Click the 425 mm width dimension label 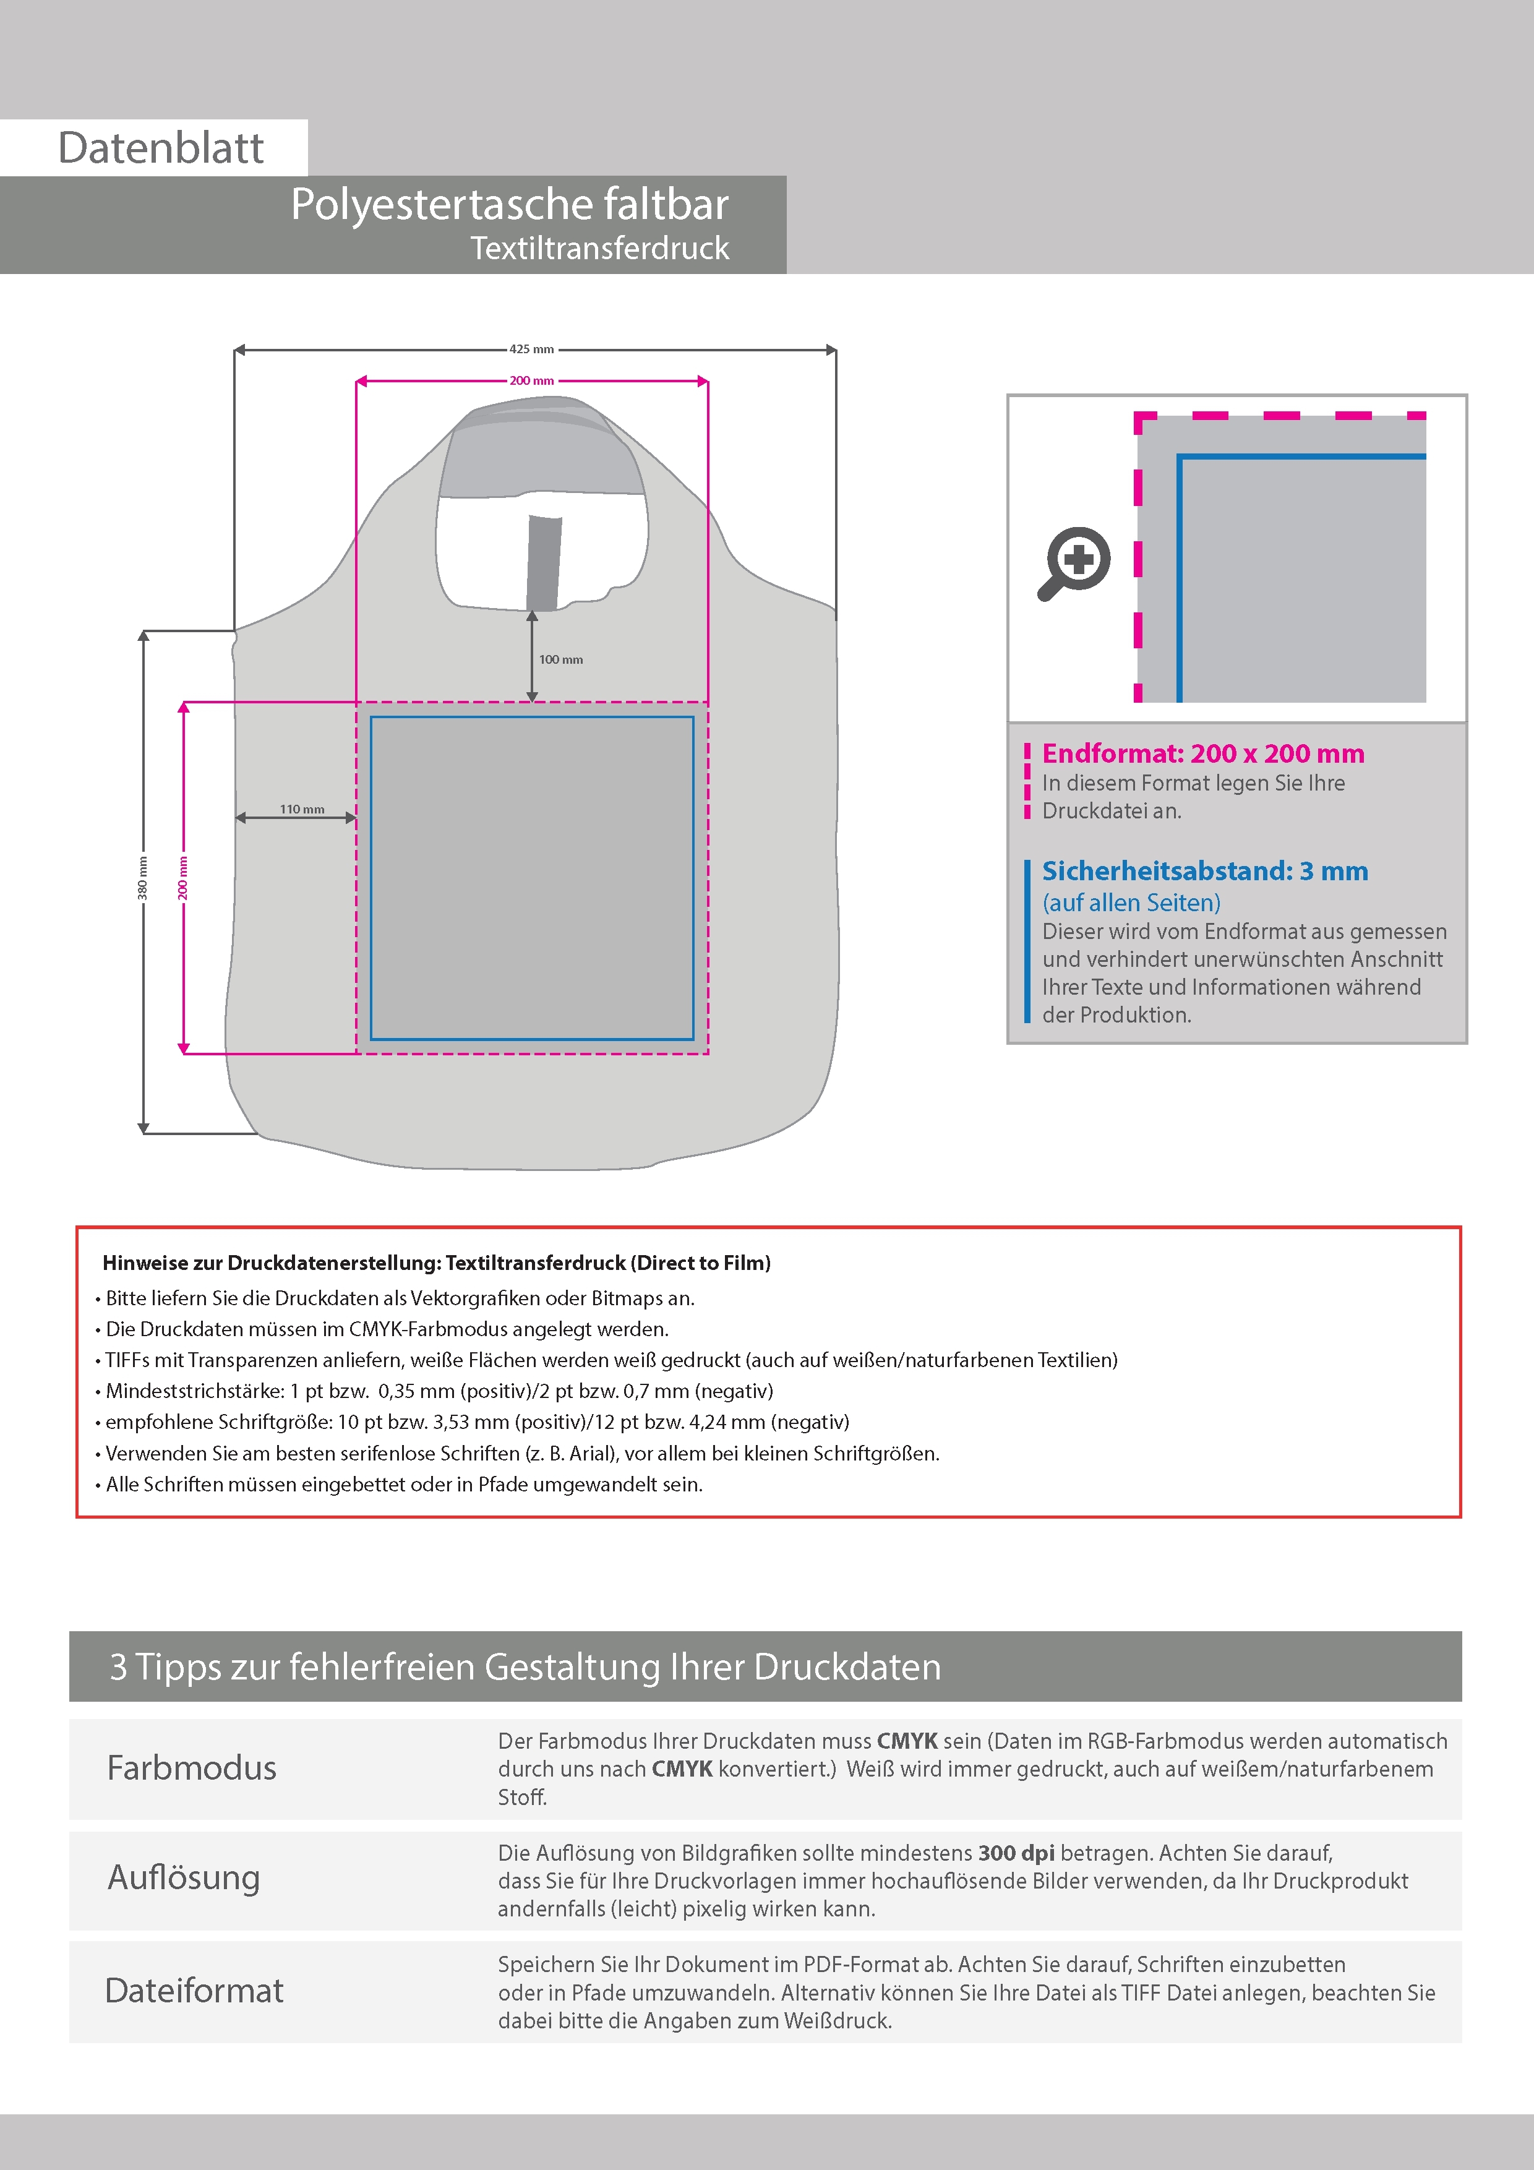(531, 349)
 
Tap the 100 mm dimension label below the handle (560, 659)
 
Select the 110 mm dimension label (301, 809)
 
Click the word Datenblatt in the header (161, 147)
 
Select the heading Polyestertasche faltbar (510, 204)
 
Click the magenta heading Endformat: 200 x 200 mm (1202, 753)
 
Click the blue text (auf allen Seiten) (1131, 903)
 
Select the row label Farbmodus (192, 1767)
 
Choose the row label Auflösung (184, 1877)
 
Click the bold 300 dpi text (1016, 1853)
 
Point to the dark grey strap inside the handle (544, 562)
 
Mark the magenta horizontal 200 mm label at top (531, 381)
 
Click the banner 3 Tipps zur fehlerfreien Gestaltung (526, 1666)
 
